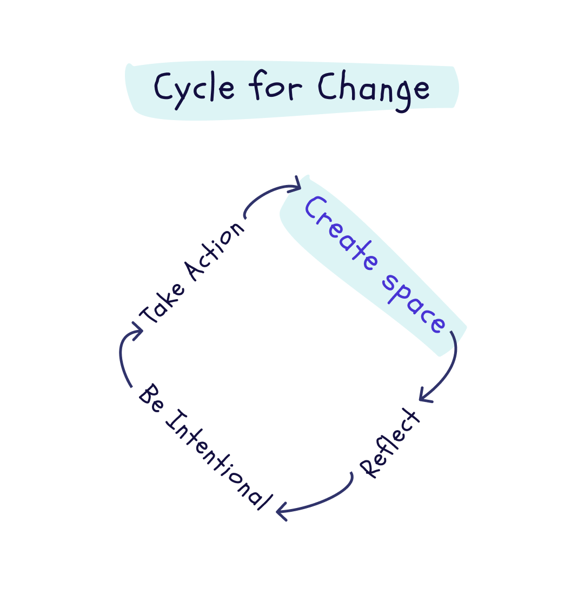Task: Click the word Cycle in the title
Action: [195, 88]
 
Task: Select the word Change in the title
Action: [373, 89]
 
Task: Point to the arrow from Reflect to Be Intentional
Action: [324, 498]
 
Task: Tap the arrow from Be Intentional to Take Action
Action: [122, 357]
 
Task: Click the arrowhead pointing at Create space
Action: [295, 186]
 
